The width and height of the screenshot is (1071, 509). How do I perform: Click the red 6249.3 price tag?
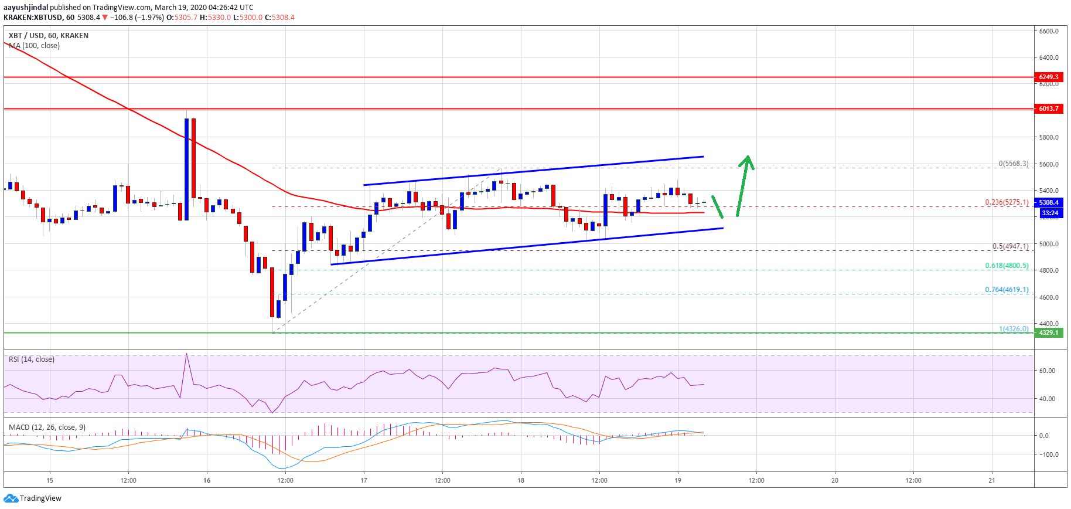tap(1048, 77)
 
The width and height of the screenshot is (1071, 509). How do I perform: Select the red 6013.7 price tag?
tap(1048, 108)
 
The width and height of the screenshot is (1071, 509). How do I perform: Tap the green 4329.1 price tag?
tap(1048, 332)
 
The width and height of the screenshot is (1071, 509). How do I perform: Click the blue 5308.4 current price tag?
tap(1048, 202)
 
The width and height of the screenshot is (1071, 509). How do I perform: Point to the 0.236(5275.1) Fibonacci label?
tap(1006, 202)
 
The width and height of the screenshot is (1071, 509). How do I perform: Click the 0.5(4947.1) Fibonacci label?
tap(1010, 247)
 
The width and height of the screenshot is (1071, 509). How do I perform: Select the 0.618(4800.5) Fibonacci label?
tap(1006, 266)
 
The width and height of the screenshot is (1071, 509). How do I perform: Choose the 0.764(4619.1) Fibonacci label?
tap(1006, 290)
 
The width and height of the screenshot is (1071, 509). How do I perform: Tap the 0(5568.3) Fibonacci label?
tap(1013, 164)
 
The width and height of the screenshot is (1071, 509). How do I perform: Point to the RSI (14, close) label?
tap(32, 359)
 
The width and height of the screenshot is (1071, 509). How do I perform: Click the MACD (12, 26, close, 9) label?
tap(47, 427)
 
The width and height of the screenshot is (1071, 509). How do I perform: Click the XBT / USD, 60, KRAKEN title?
tap(49, 36)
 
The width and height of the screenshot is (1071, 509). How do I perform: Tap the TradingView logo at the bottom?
tap(33, 498)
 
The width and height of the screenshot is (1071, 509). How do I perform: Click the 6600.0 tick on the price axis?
tap(1048, 31)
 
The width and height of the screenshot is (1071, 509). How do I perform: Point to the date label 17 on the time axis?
tap(364, 480)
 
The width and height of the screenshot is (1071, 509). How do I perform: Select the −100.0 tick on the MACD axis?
tap(1047, 454)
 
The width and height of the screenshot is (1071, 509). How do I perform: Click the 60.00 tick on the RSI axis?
tap(1047, 371)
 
